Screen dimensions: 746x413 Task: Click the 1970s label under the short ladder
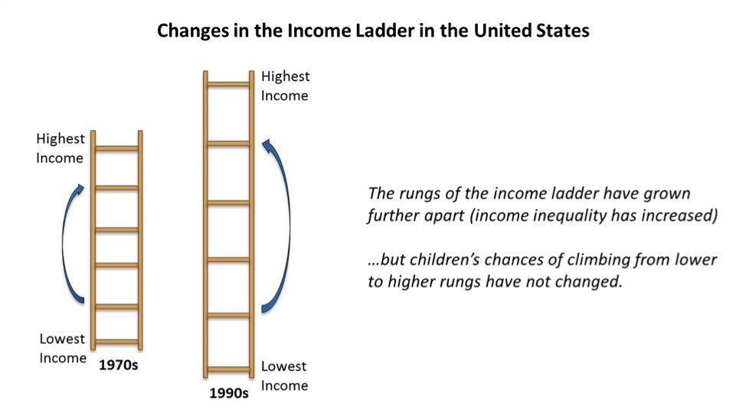[119, 365]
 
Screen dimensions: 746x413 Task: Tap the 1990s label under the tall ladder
[229, 393]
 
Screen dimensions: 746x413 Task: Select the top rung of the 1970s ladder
[116, 149]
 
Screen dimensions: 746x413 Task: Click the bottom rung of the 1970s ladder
[116, 342]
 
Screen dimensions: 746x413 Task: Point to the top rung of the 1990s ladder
[229, 84]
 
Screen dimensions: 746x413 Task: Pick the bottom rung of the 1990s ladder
[229, 369]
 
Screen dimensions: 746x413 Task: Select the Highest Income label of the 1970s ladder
[61, 148]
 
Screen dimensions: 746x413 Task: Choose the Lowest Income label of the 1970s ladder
[63, 349]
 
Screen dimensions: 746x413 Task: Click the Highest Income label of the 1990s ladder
[285, 86]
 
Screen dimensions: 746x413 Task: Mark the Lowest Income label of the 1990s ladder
[284, 375]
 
